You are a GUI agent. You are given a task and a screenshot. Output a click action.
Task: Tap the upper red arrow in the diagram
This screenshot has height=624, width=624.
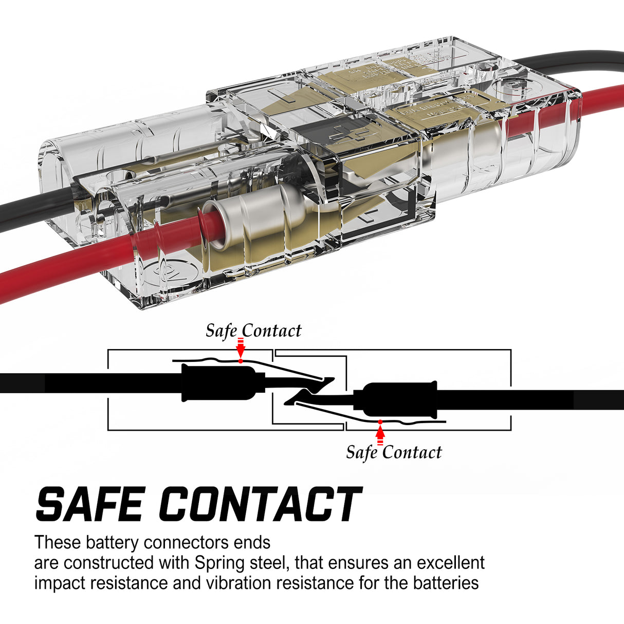tap(240, 348)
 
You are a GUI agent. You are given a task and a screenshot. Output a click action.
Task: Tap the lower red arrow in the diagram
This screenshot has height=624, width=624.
tap(380, 435)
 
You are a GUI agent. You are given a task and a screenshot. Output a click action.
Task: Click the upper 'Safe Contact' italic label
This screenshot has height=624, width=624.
tap(253, 331)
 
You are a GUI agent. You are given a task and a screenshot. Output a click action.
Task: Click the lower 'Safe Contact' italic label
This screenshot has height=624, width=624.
tap(394, 452)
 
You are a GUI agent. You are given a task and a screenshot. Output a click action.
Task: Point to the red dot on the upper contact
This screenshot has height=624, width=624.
tap(241, 361)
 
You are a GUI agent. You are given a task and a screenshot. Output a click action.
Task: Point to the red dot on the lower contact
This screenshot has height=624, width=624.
tap(380, 422)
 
